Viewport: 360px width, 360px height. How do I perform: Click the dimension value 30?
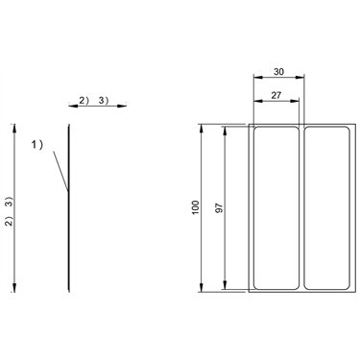tap(278, 72)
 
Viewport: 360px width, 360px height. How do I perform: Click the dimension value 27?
tap(276, 95)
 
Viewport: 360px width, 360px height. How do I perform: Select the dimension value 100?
tap(196, 207)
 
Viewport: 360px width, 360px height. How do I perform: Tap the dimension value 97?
tap(219, 208)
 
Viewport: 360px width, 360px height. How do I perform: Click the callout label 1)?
tap(36, 145)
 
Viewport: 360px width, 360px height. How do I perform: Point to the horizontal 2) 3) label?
tap(94, 101)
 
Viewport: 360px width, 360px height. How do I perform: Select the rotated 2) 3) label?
tap(10, 211)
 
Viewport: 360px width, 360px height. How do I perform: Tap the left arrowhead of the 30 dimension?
tap(257, 77)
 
